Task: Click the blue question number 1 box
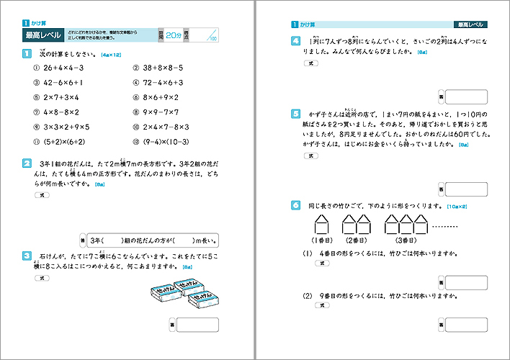click(x=26, y=53)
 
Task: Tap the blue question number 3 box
click(x=26, y=255)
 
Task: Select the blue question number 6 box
click(x=295, y=206)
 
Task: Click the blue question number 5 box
click(x=295, y=114)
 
